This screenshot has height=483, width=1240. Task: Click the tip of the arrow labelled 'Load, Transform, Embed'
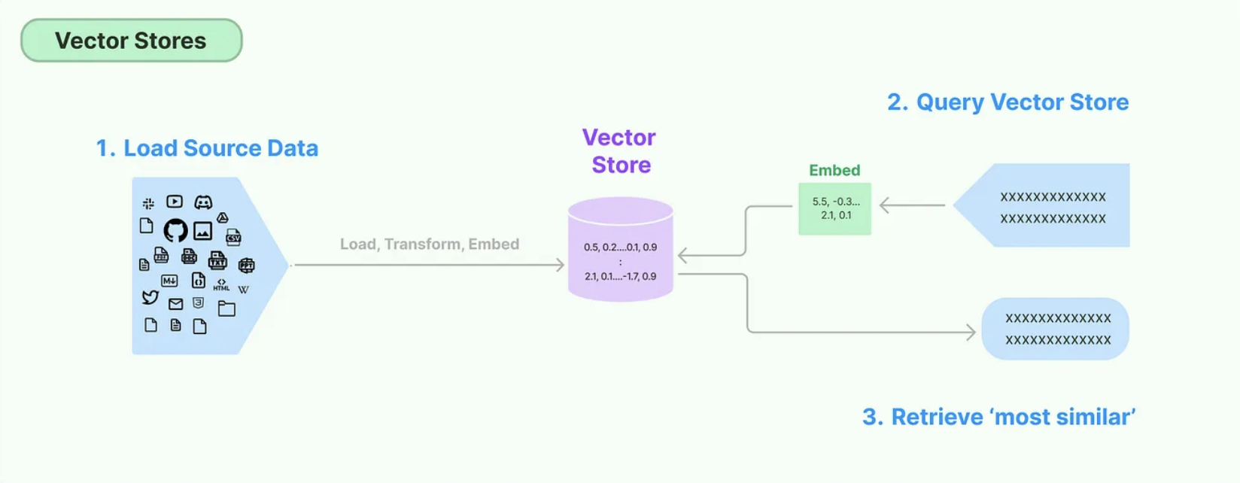tap(564, 265)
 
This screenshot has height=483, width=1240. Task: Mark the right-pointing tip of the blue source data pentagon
tap(288, 266)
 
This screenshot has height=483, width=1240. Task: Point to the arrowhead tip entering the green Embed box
tap(880, 205)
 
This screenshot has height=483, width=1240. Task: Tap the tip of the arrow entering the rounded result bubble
tap(975, 332)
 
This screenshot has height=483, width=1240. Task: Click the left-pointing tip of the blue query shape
tap(953, 205)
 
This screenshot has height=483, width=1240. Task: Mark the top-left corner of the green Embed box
tap(799, 183)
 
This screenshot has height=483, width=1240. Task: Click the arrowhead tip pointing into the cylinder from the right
tap(679, 255)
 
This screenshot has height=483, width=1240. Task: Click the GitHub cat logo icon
tap(175, 230)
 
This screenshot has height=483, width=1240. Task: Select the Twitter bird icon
tap(150, 298)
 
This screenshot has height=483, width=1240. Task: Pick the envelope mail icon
tap(175, 304)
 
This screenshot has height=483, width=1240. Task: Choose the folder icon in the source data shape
tap(226, 308)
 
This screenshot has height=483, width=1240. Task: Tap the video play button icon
tap(175, 202)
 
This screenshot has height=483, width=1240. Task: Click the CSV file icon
tap(233, 237)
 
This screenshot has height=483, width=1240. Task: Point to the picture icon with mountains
tap(202, 231)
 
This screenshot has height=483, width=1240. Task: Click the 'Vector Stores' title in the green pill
tap(131, 41)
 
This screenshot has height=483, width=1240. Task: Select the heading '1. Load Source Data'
tap(207, 148)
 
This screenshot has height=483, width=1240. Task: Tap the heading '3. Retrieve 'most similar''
tap(998, 417)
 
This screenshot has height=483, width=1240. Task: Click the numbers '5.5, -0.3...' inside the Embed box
tap(836, 202)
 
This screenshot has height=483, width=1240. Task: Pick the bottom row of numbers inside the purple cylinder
tap(621, 277)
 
